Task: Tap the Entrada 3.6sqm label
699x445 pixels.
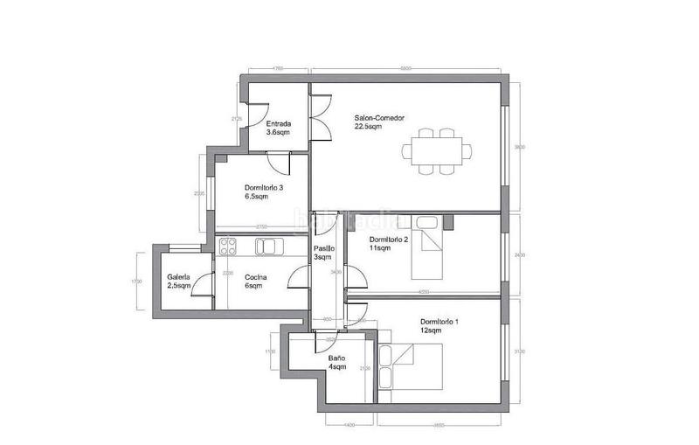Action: coord(279,128)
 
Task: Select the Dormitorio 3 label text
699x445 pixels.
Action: coord(263,191)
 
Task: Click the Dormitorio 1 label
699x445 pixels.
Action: coord(439,325)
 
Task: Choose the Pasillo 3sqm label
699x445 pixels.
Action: coord(322,253)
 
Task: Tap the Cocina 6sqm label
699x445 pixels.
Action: coord(256,282)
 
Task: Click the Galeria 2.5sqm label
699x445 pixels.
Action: coord(179,282)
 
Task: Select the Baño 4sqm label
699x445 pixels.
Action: coord(338,363)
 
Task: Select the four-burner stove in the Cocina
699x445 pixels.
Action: coord(229,247)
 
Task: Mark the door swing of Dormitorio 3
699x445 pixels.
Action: coord(278,164)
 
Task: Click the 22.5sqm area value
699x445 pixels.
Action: coord(368,127)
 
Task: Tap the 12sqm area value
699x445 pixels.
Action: coord(431,330)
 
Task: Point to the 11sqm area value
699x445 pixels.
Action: coord(379,248)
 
